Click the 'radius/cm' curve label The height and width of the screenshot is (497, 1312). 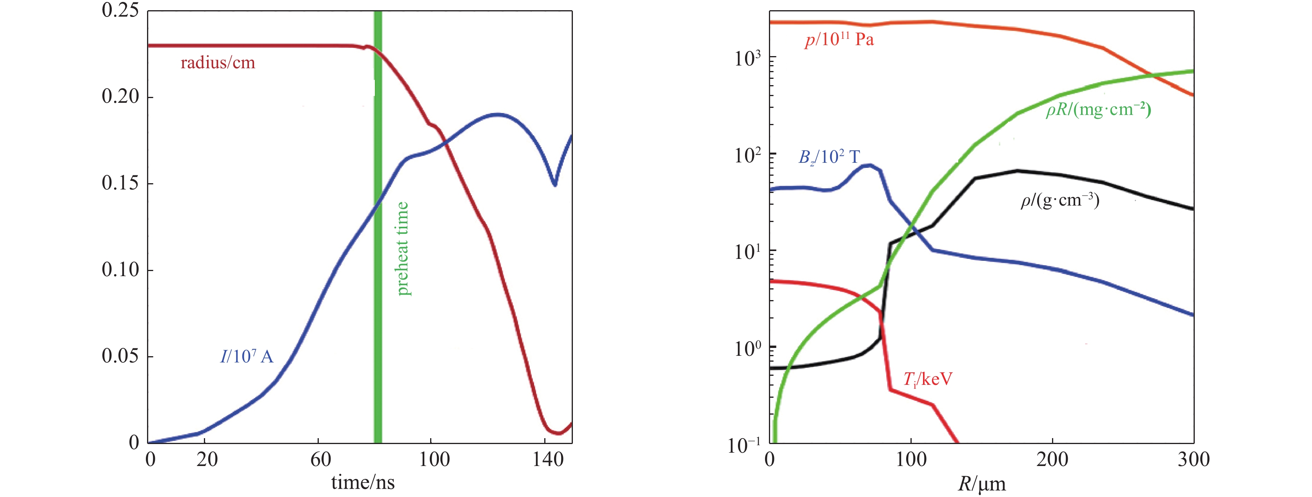(x=218, y=63)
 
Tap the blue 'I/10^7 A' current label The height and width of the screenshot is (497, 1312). (x=247, y=356)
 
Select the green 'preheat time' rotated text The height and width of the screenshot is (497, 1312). (x=402, y=248)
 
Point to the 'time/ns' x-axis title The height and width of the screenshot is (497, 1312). (x=363, y=482)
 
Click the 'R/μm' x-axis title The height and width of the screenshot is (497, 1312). (x=981, y=484)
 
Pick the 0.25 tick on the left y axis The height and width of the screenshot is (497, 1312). (x=120, y=10)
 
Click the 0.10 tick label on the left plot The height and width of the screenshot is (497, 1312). (x=120, y=269)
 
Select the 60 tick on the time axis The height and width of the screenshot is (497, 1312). (x=320, y=460)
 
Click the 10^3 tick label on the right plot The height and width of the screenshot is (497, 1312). (x=748, y=58)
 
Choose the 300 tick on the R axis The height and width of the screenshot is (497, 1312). (x=1193, y=460)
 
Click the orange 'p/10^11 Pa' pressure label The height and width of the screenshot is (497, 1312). (x=839, y=40)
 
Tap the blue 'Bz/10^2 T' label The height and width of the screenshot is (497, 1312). (x=829, y=157)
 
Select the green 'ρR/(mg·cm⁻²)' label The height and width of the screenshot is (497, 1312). (x=1099, y=109)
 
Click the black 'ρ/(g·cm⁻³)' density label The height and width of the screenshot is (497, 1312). (x=1060, y=200)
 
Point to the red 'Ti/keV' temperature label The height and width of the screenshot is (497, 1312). (x=927, y=379)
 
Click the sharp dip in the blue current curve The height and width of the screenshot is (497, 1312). (x=555, y=184)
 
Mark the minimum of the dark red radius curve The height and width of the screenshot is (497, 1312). (x=559, y=433)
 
